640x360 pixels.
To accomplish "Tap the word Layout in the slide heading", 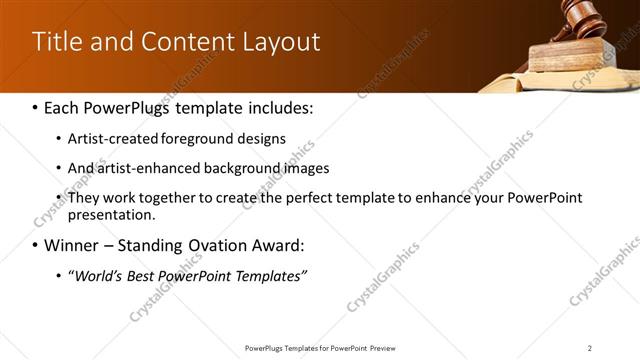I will click(281, 42).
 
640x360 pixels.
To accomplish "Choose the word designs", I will click(260, 138).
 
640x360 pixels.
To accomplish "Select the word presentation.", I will click(112, 215).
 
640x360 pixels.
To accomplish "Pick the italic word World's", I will click(97, 275).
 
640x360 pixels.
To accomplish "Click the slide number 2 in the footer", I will click(590, 348).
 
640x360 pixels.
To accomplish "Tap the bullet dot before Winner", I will click(36, 245).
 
